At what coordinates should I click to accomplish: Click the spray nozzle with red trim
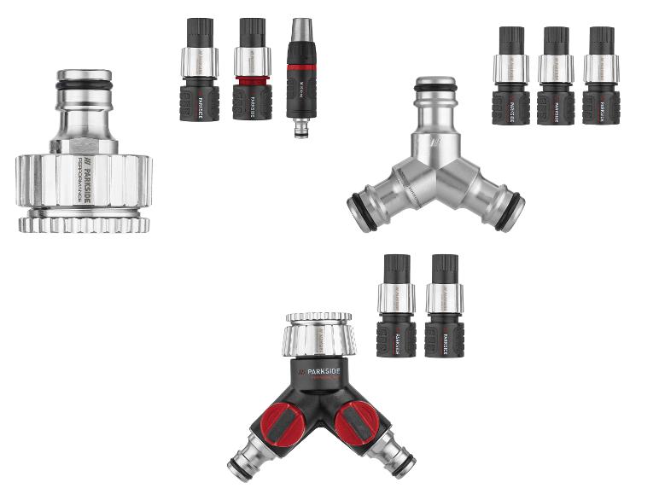click(x=300, y=77)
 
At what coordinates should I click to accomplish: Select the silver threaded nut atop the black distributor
click(x=318, y=335)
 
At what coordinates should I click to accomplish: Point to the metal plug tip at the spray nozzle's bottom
click(x=300, y=129)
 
